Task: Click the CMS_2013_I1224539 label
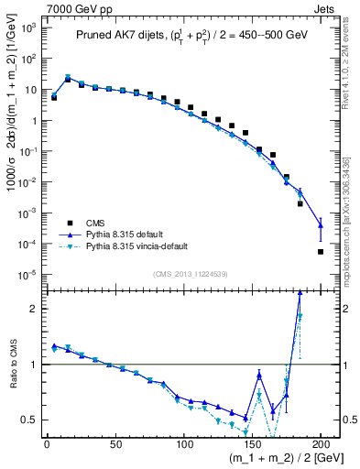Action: pos(190,273)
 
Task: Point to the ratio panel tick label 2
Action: pos(32,309)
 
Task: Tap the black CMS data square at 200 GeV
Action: pos(321,252)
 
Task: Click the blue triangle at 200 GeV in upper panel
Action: pos(321,224)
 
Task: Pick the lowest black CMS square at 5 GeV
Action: pos(54,97)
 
